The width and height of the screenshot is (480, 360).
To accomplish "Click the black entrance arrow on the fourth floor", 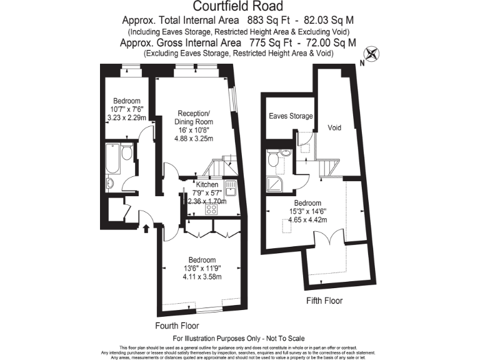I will point(147,228).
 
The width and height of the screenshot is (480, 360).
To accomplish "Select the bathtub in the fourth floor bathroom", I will point(113,159).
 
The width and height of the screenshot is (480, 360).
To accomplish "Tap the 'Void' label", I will point(334,127).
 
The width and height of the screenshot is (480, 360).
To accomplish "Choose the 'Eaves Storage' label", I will point(291,116).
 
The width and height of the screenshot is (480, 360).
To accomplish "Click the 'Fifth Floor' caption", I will point(324,301).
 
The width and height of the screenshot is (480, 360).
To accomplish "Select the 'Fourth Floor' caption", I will point(177,326).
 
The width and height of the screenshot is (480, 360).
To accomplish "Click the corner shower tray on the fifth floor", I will point(274,182).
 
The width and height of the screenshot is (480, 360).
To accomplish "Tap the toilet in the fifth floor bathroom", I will point(272,161).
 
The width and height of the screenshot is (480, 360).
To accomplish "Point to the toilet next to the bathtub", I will point(126,154).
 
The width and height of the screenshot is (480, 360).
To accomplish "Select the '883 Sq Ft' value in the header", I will point(260,20).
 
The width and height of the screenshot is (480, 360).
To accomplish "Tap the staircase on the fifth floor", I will point(327,167).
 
